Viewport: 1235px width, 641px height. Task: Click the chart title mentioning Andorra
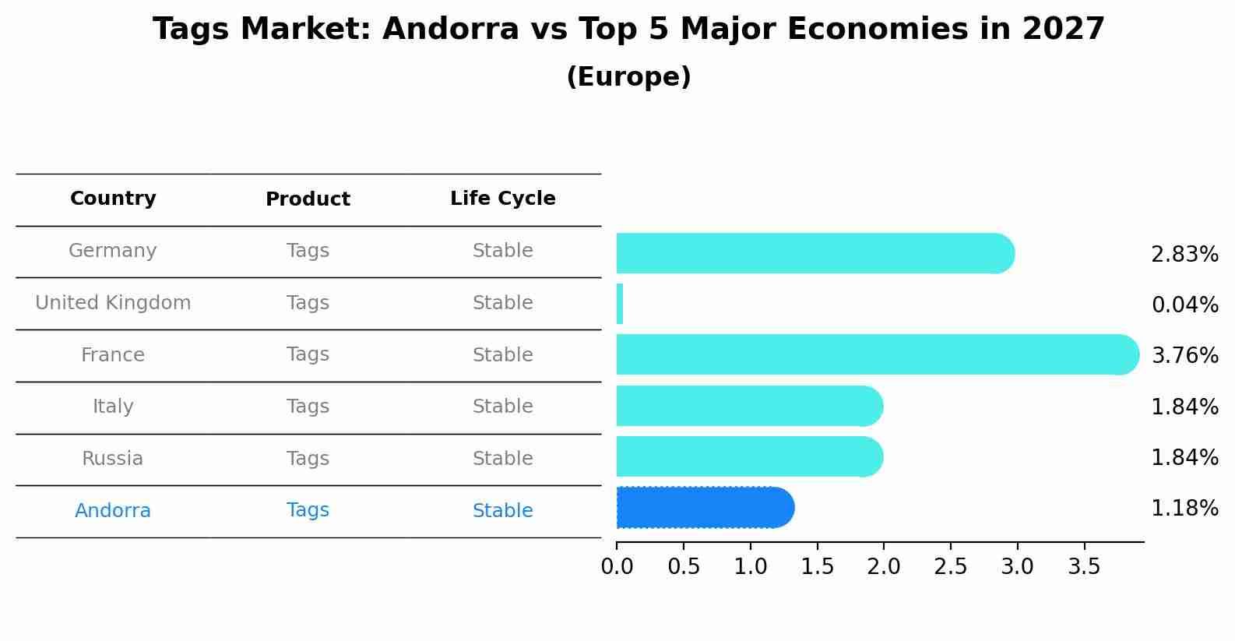tap(628, 30)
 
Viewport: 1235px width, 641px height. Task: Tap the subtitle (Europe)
tap(628, 77)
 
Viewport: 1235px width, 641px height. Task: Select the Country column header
tap(113, 199)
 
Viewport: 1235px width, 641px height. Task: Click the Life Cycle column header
tap(502, 199)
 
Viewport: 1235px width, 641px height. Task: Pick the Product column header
tap(308, 199)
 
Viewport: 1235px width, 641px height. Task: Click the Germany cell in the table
tap(113, 251)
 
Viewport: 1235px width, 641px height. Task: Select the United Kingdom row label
tap(113, 303)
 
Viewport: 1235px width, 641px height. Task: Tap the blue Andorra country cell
tap(113, 511)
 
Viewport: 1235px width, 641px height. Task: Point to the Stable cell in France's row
tap(502, 355)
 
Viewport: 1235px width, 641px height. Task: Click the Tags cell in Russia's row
tap(308, 459)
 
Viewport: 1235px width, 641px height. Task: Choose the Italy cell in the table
tap(113, 407)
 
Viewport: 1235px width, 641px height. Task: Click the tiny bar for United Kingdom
tap(620, 304)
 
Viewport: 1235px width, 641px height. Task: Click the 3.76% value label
tap(1184, 356)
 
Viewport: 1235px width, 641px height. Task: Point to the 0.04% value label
tap(1184, 305)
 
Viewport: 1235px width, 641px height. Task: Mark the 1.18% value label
tap(1184, 509)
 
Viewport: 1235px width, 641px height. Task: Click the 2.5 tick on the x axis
tap(950, 567)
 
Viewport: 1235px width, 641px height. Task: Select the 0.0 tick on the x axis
tap(617, 567)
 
